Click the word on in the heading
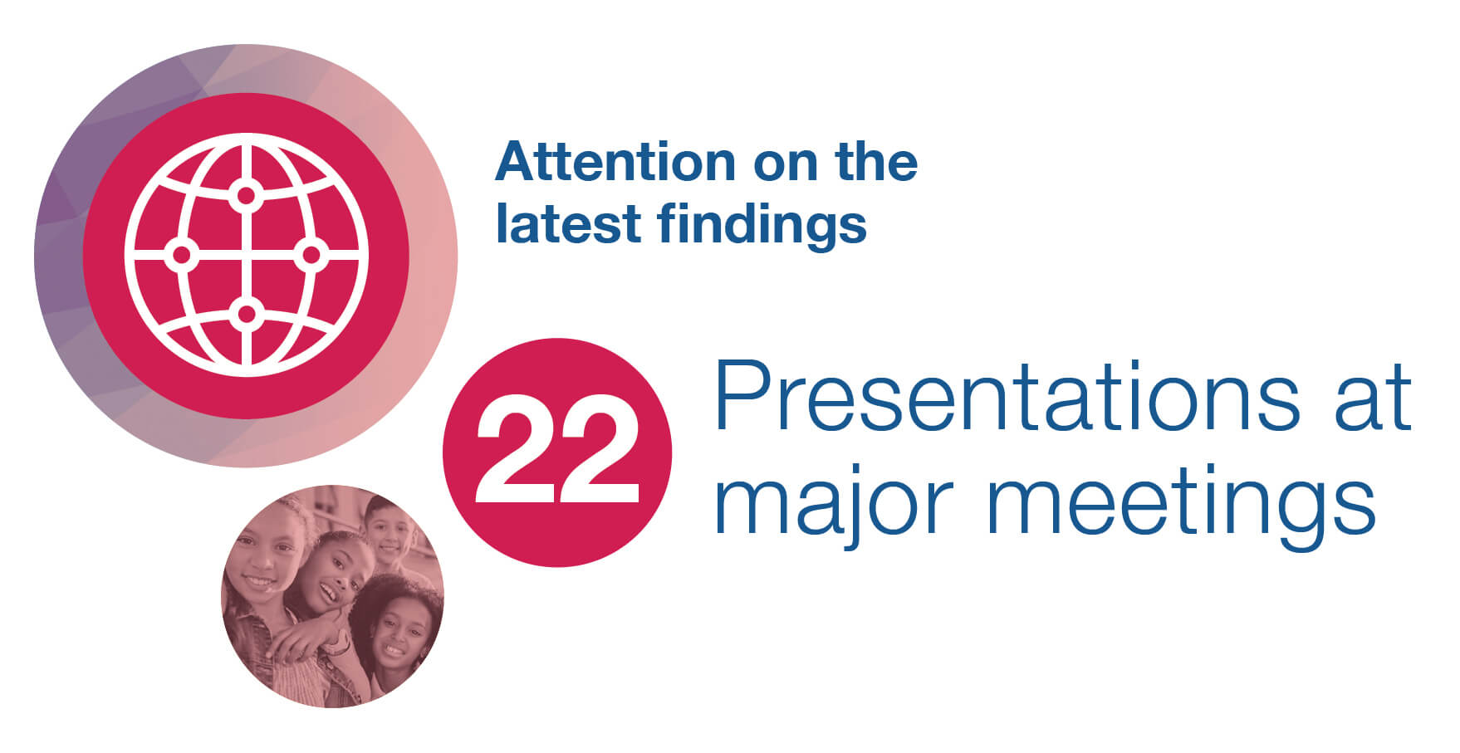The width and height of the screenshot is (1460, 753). click(x=785, y=164)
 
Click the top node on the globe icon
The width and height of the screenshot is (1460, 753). click(x=246, y=196)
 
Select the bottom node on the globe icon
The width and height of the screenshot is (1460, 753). click(x=246, y=314)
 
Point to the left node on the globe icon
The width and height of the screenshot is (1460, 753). click(x=181, y=255)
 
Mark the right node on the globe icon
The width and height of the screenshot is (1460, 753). click(x=311, y=255)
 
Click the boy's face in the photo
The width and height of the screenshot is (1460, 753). click(x=388, y=531)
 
